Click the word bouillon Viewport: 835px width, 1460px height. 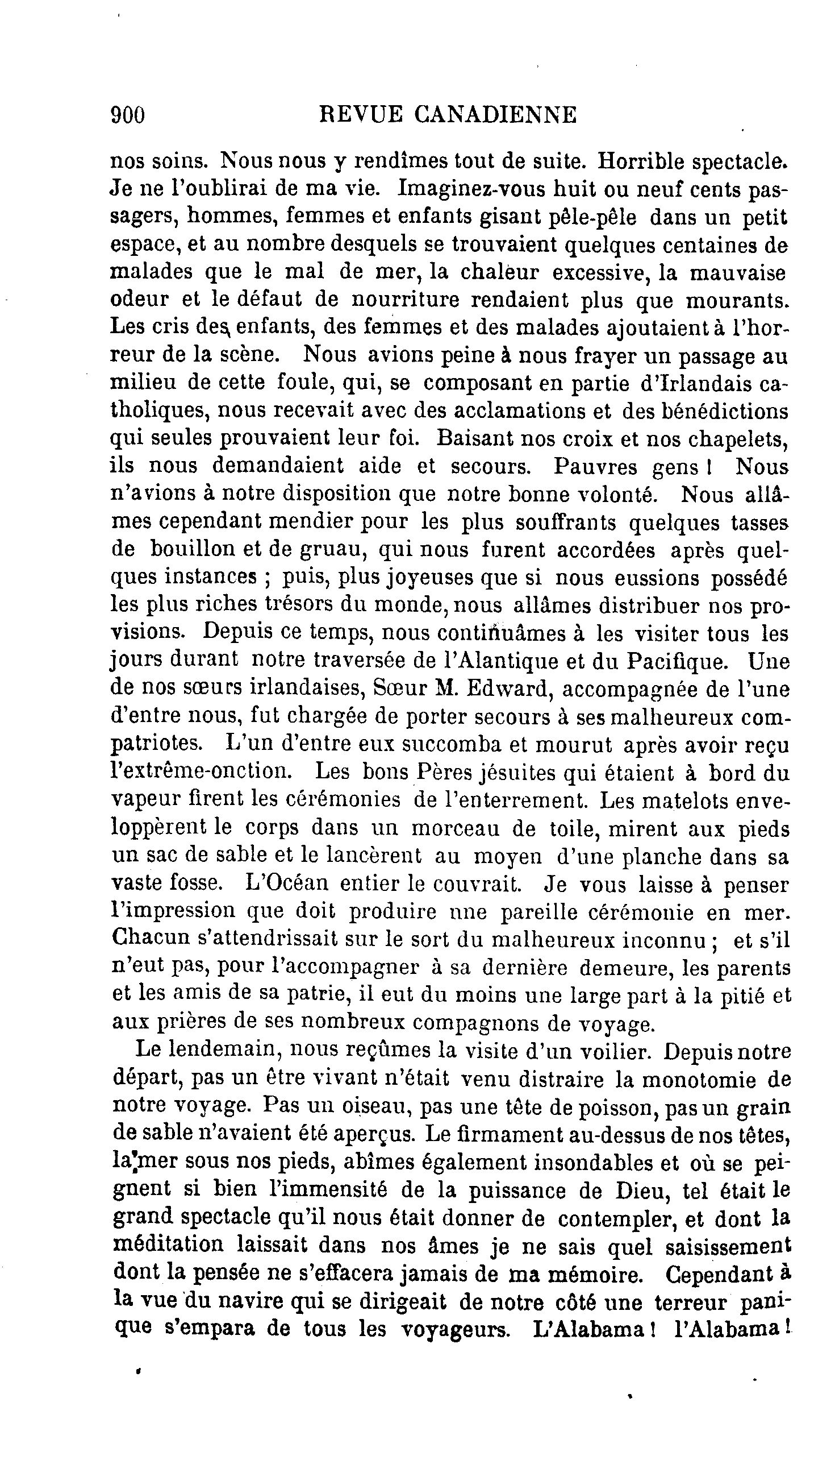point(192,549)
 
